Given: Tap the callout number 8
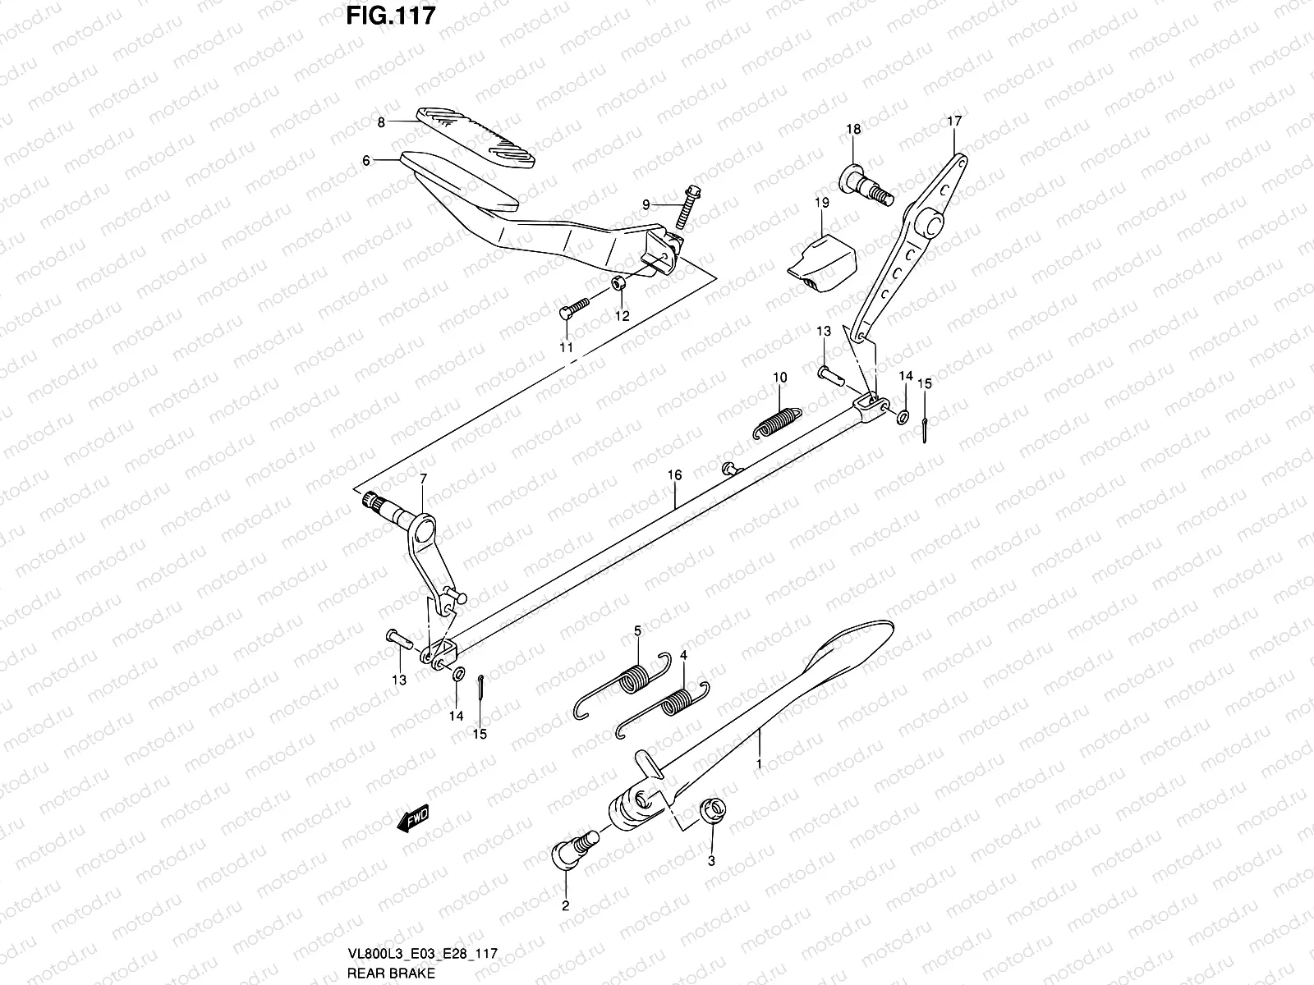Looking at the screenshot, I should pos(381,122).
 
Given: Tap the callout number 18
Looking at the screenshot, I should pos(853,129).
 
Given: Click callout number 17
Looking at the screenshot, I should pos(953,121).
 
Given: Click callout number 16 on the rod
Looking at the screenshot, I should pos(674,475).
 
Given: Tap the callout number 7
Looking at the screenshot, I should pos(423,478).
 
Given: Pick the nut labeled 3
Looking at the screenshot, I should pos(711,812).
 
